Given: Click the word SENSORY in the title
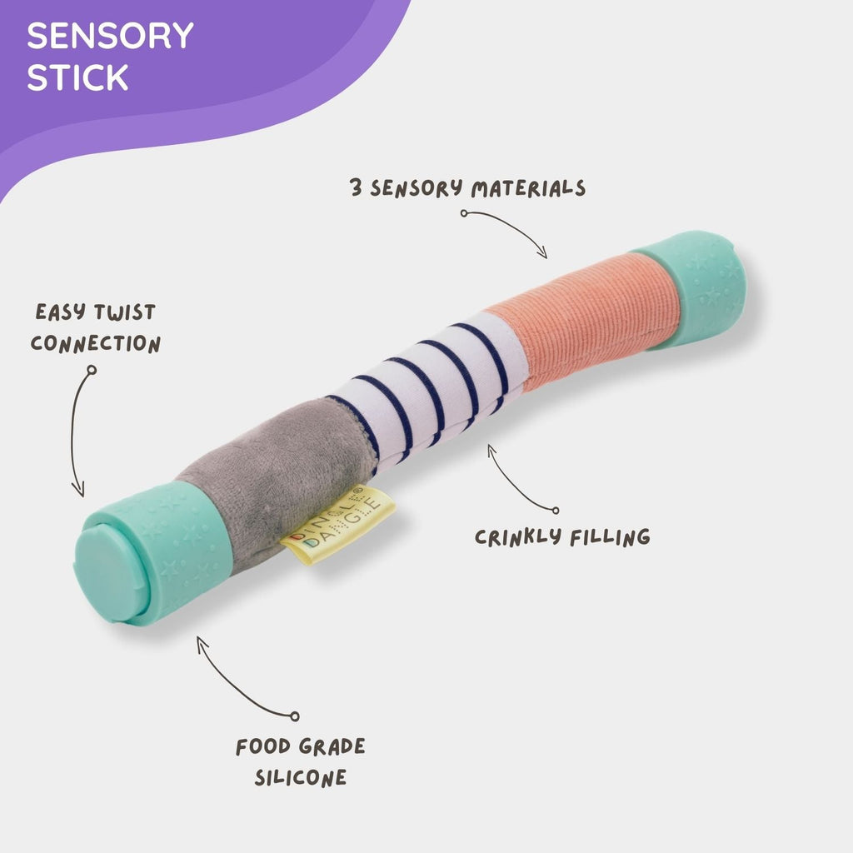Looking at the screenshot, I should pos(110,37).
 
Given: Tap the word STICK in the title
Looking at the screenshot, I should pos(77,77).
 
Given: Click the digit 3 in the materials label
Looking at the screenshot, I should pos(356,187).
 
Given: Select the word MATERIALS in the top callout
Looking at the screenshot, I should pos(528,188).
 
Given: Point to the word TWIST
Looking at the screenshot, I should pos(123,314).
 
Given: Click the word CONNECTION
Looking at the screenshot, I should pos(96,344).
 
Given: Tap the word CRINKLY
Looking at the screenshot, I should pos(516,536).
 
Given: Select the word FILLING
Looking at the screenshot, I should pos(609,536).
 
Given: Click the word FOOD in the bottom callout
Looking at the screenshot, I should pos(266,746).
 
